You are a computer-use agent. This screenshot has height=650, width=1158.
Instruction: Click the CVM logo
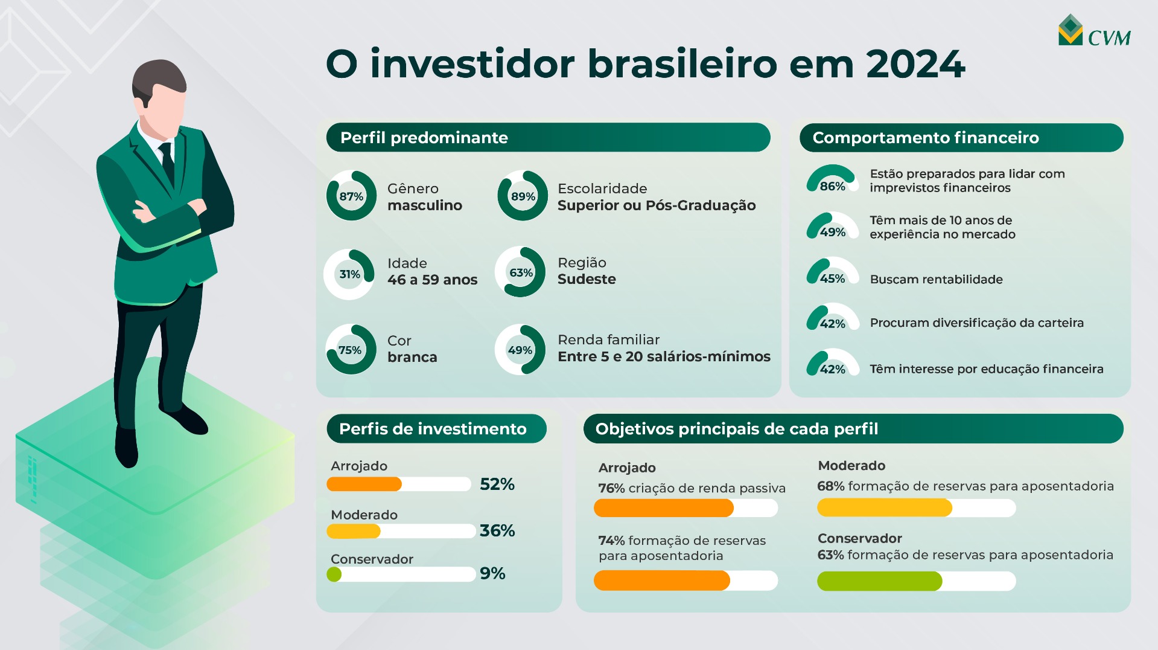[1093, 31]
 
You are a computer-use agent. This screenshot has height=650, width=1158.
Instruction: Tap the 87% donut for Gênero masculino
[351, 196]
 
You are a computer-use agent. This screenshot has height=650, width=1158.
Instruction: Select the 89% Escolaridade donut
[523, 196]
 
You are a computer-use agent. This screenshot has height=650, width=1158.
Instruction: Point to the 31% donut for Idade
[349, 274]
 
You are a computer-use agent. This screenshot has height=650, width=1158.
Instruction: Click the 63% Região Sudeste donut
[520, 272]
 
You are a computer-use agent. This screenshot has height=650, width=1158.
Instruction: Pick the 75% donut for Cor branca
[351, 350]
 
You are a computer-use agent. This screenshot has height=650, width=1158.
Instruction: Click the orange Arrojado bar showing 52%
[364, 484]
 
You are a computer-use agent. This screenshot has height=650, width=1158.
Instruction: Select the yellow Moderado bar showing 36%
[354, 531]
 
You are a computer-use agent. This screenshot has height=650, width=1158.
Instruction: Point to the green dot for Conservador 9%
[334, 574]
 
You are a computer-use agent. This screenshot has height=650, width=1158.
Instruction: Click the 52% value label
[497, 484]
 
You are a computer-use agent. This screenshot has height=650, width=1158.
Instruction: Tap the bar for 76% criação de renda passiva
[663, 508]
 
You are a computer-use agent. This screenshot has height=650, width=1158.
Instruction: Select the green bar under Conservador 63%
[879, 581]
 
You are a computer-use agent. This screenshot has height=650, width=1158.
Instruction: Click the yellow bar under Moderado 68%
[884, 508]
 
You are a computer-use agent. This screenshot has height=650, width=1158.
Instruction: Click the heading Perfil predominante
[424, 138]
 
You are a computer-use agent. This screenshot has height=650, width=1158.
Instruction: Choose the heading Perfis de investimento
[433, 429]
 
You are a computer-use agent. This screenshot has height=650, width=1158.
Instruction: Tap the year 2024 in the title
[915, 64]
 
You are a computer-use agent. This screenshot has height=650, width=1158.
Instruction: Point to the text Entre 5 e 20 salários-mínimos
[664, 356]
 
